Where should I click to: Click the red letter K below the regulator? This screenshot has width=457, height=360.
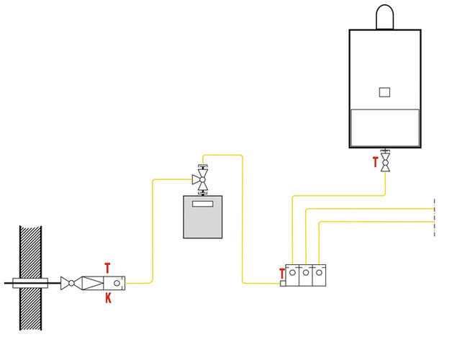pos(108,298)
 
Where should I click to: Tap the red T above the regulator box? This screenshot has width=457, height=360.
pos(108,268)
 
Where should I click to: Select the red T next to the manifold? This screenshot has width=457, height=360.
pos(281,273)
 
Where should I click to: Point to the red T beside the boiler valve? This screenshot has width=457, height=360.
pos(375,163)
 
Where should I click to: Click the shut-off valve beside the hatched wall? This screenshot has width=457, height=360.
pos(70,283)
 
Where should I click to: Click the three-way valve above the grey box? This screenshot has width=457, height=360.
pos(202,179)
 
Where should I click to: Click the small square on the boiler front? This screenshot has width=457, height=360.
pos(384,91)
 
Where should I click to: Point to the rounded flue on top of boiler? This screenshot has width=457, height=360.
pos(384,16)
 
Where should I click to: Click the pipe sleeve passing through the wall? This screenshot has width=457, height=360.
pos(31,283)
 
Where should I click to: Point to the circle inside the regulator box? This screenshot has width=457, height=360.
pos(123,283)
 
